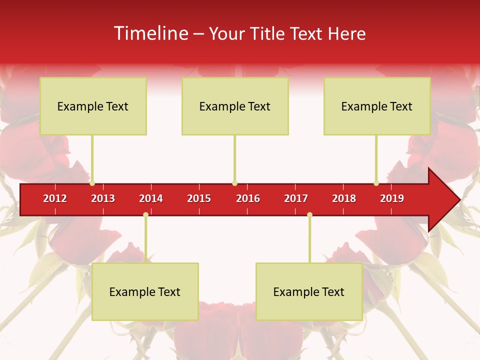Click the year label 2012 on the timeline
(x=55, y=198)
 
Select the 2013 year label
(x=103, y=198)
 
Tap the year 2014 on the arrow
(x=151, y=198)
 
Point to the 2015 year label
(x=199, y=198)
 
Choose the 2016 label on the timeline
(x=248, y=198)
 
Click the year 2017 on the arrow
(x=296, y=198)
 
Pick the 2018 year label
(x=344, y=198)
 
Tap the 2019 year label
(x=392, y=198)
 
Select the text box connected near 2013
(x=93, y=106)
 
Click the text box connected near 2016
(x=235, y=106)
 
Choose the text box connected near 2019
(x=377, y=106)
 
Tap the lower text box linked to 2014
(x=145, y=291)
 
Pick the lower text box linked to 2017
(x=309, y=291)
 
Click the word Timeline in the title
(x=150, y=33)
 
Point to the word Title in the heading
(x=268, y=33)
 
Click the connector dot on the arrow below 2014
(x=145, y=215)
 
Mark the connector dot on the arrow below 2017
(x=309, y=215)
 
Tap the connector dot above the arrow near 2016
(x=234, y=183)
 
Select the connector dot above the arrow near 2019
(x=376, y=183)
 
